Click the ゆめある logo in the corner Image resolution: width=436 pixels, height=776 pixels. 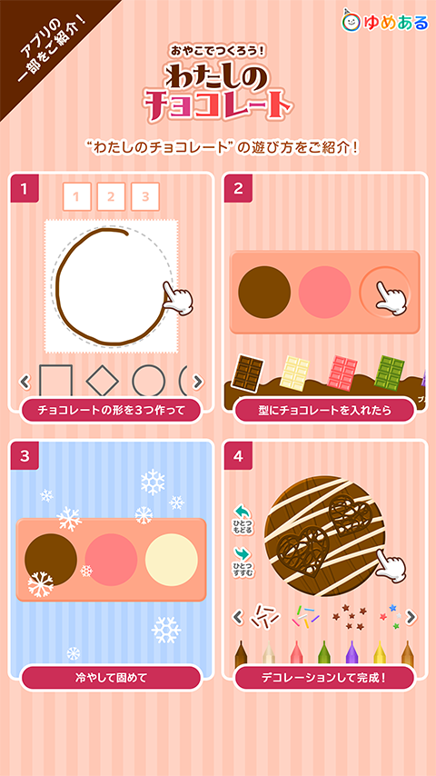click(x=384, y=21)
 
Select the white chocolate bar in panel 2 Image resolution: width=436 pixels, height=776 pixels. click(x=294, y=373)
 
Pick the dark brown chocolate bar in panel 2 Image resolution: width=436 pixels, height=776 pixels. click(x=248, y=373)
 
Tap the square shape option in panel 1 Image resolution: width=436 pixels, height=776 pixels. click(x=55, y=381)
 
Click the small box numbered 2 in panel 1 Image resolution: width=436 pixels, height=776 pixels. click(x=110, y=196)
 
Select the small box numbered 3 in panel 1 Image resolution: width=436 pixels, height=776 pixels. click(x=145, y=196)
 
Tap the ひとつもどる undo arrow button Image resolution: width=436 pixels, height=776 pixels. click(x=243, y=520)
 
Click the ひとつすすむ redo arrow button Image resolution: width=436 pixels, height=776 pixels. click(x=243, y=562)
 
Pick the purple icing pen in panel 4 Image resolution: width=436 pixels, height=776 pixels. click(x=352, y=652)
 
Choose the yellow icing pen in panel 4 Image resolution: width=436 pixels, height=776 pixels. click(x=380, y=652)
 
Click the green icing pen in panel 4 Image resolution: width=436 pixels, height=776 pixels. click(x=323, y=652)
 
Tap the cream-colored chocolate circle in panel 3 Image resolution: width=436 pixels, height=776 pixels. click(x=172, y=560)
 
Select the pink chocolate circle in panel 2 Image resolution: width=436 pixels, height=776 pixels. click(x=324, y=292)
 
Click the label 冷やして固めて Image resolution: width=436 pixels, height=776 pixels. click(x=111, y=678)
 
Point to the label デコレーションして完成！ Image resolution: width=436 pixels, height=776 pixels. click(x=324, y=678)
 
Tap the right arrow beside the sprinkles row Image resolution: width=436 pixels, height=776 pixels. click(x=411, y=617)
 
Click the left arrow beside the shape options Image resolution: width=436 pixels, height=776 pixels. click(x=25, y=382)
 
